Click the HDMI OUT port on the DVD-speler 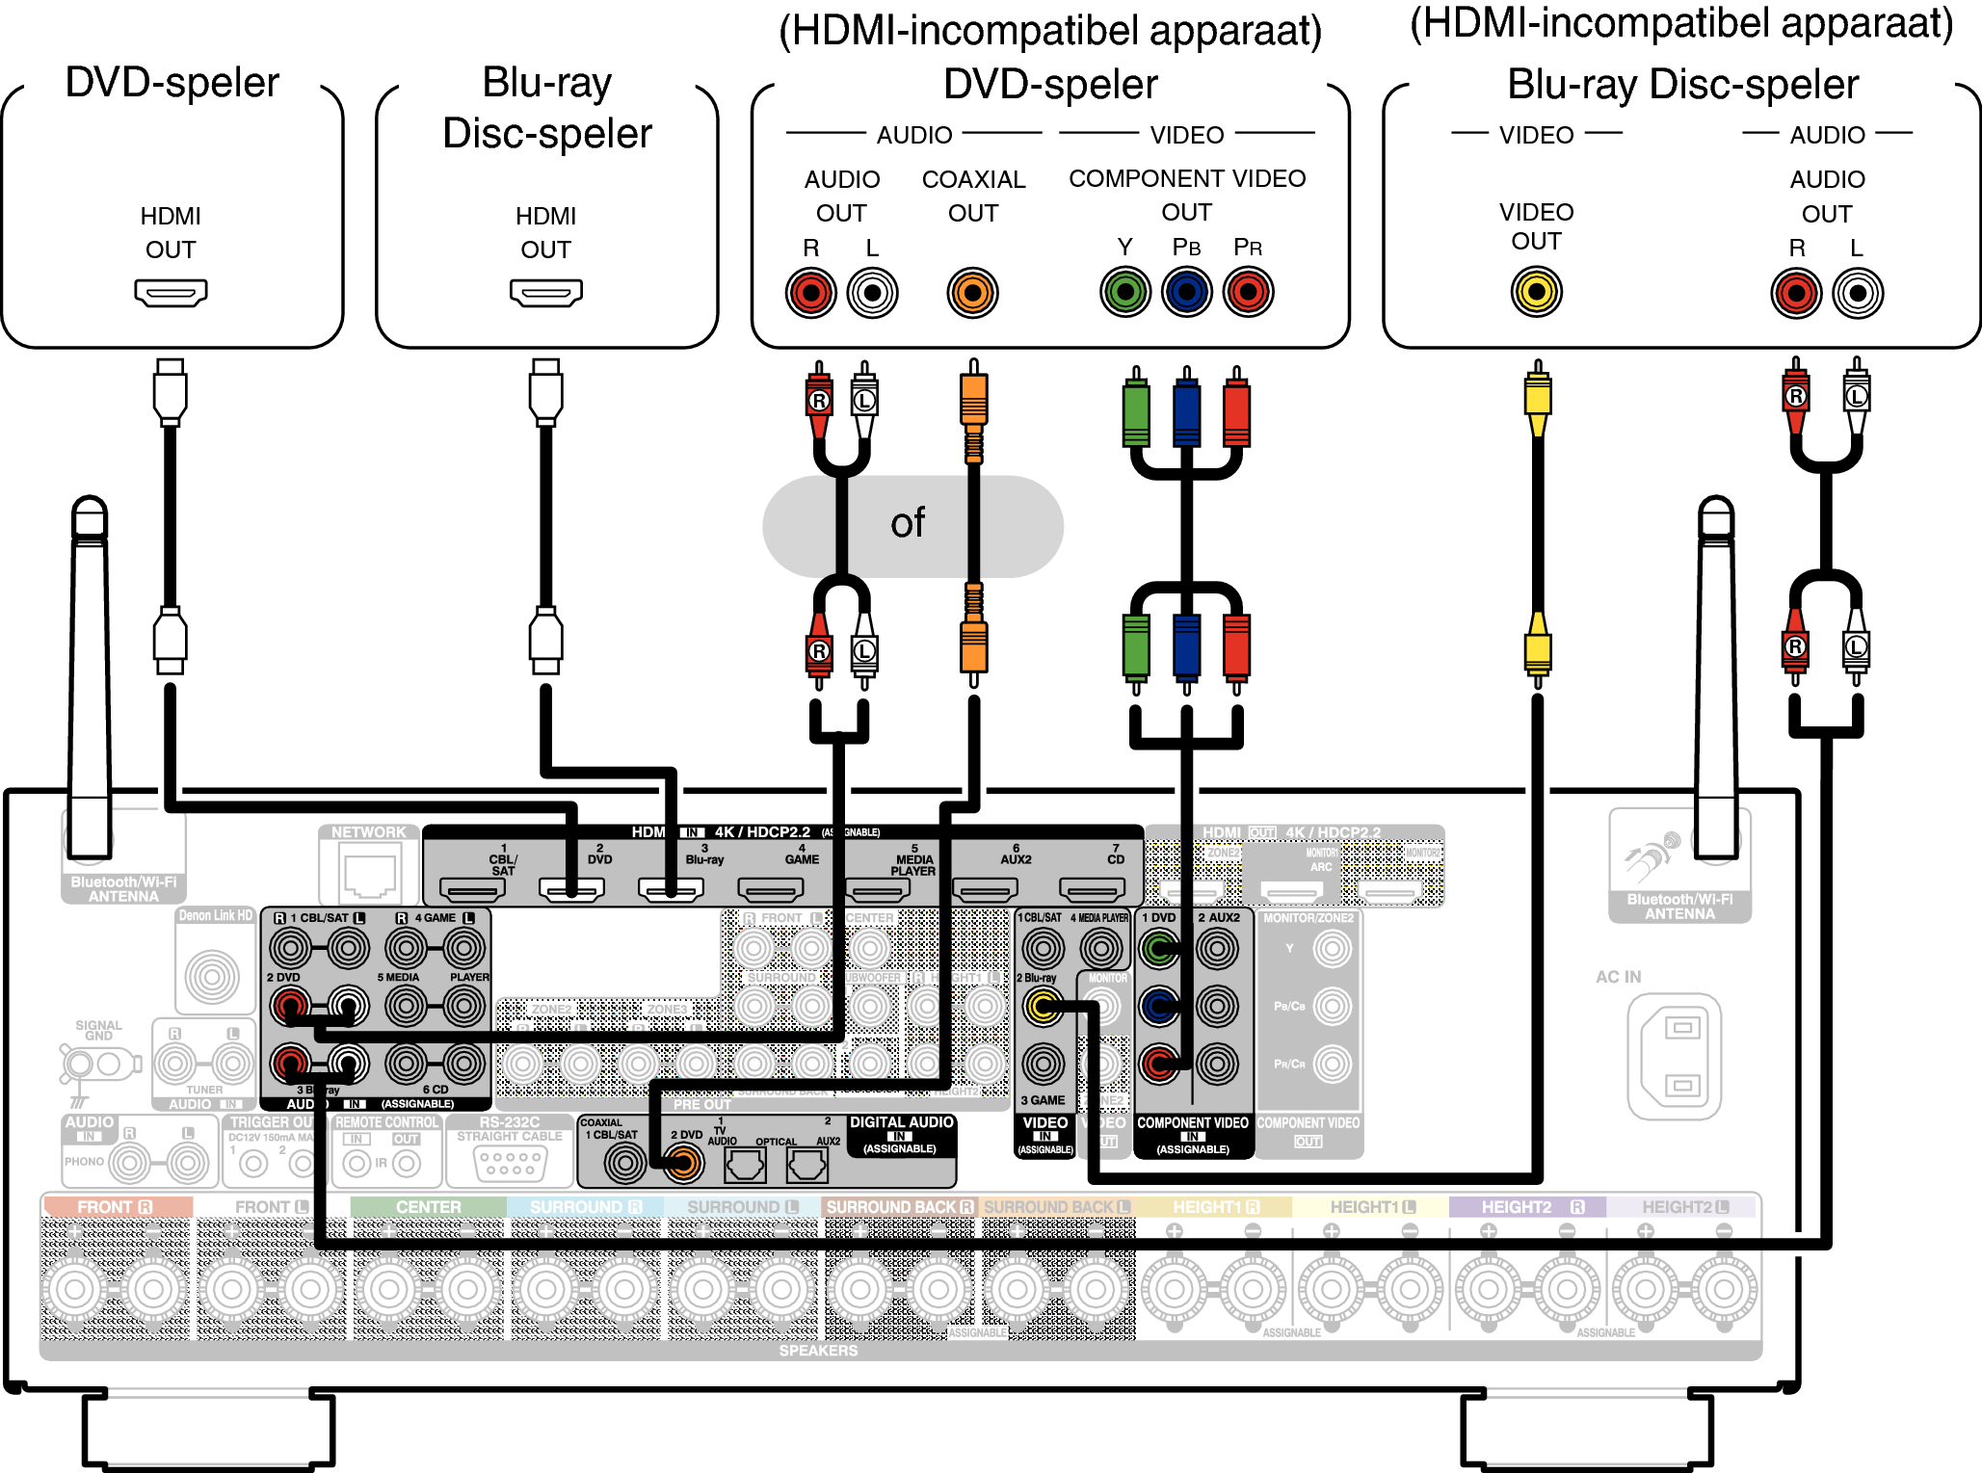tap(171, 292)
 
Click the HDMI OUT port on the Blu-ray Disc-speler tap(545, 292)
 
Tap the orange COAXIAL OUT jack tap(972, 293)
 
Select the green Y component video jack tap(1125, 292)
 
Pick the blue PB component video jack tap(1186, 292)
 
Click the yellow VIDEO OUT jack tap(1536, 292)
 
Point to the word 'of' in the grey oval tap(907, 523)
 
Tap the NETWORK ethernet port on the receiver tap(369, 875)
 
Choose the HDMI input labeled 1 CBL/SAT tap(473, 889)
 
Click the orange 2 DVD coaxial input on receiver tap(683, 1164)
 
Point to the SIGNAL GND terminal tap(96, 1065)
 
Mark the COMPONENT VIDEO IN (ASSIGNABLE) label tap(1193, 1134)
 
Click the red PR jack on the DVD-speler tap(1248, 292)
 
